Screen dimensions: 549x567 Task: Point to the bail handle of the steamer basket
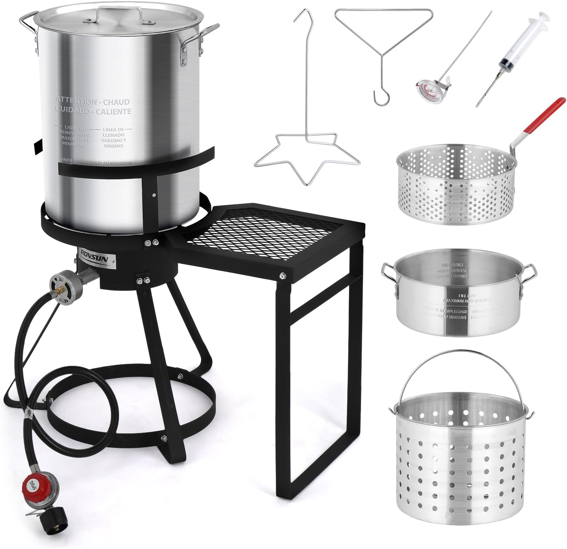[460, 365]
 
